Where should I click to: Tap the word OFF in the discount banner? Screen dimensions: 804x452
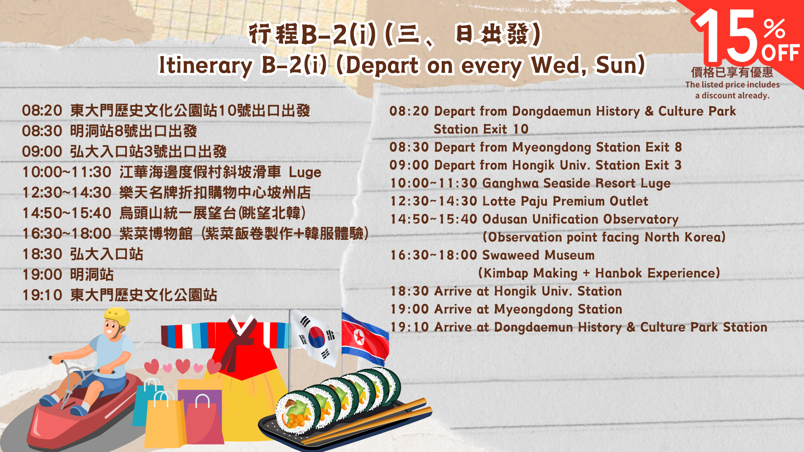pos(781,53)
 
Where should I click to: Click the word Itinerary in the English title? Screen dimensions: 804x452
pos(206,65)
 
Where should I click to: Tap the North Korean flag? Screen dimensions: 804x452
pos(364,338)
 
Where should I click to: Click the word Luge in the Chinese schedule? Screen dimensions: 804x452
pos(305,172)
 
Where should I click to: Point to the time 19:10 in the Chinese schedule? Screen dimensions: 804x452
pos(42,295)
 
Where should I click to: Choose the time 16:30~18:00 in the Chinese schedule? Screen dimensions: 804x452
pos(67,234)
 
